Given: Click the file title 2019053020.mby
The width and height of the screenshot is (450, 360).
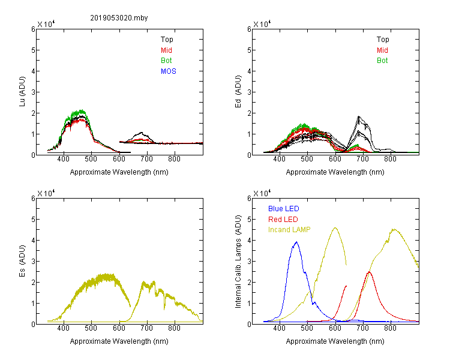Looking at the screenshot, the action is click(119, 18).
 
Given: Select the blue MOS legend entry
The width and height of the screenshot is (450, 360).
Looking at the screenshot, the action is click(169, 71).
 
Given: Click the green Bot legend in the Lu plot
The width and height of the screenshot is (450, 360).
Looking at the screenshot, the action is click(166, 61).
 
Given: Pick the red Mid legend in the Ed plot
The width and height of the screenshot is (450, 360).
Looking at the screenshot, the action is click(382, 50).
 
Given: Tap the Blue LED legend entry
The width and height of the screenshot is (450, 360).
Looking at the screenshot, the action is click(284, 209).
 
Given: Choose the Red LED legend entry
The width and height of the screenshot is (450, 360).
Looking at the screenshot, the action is click(283, 220).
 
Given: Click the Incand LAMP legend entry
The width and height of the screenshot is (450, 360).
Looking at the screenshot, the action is click(289, 230).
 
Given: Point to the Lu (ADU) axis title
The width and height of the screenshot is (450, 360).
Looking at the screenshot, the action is click(22, 91).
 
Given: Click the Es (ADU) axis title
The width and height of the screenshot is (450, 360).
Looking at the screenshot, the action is click(22, 260).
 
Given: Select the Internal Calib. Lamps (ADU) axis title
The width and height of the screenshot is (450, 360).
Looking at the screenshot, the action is click(238, 262).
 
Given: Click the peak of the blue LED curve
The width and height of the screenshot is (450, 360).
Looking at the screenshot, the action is click(296, 242).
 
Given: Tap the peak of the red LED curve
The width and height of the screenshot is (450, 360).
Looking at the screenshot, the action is click(369, 272).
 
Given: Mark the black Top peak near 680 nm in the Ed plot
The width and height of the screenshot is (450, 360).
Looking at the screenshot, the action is click(359, 116).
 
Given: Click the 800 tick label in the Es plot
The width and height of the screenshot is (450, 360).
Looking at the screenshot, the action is click(174, 328).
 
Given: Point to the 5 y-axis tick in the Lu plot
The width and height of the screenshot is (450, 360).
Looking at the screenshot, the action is click(33, 50).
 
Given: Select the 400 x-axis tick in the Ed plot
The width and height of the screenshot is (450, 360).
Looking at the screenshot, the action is click(279, 159).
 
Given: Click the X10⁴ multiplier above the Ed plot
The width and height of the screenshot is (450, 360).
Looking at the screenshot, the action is click(262, 24).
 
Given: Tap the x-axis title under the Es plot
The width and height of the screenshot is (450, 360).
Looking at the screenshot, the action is click(119, 341).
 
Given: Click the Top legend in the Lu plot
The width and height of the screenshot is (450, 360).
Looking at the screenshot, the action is click(167, 40).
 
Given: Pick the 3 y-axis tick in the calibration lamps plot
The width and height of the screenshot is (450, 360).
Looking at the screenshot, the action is click(249, 261).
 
